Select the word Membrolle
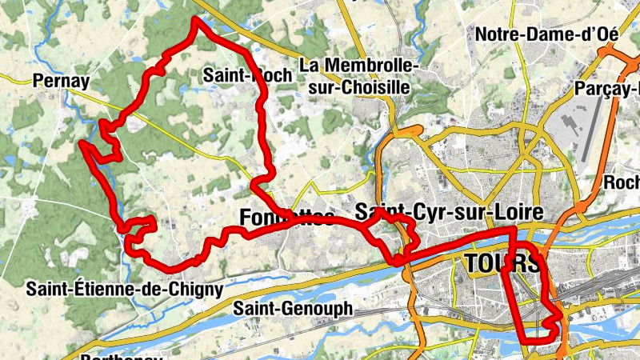click(370, 66)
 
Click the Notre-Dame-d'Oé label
click(550, 34)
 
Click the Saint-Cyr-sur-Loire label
click(449, 213)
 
